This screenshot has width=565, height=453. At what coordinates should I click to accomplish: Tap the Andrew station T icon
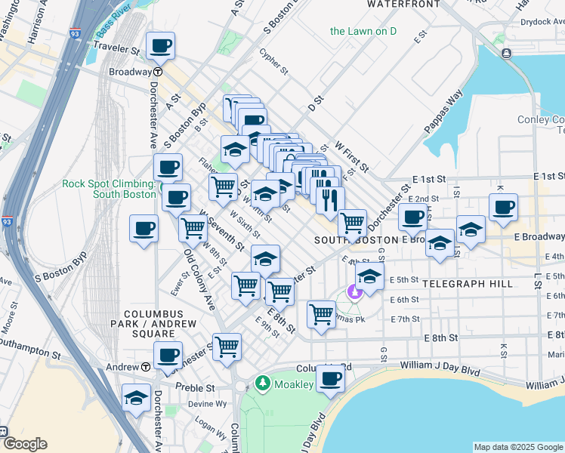click(x=146, y=367)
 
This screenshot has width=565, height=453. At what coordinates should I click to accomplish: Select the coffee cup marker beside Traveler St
click(x=161, y=45)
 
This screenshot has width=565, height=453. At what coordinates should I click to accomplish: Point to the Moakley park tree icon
click(x=262, y=384)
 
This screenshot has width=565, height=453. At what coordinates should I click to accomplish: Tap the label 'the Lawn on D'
click(x=363, y=31)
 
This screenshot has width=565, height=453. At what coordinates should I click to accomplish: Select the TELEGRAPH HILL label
click(x=468, y=284)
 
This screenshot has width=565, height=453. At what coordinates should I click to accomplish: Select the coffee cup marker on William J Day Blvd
click(x=330, y=379)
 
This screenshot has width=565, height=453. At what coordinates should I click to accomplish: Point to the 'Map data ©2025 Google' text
click(x=517, y=447)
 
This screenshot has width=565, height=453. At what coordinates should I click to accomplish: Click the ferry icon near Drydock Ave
click(x=505, y=53)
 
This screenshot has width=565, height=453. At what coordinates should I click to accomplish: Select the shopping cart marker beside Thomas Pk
click(x=322, y=313)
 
